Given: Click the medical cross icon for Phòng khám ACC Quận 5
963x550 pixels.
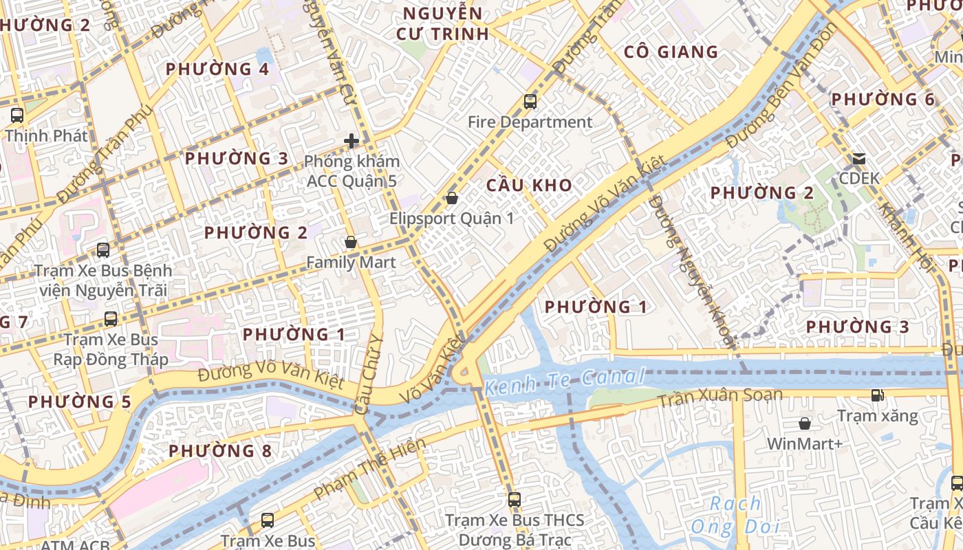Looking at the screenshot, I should pos(351,141).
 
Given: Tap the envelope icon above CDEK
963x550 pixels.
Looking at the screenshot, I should pos(859,159).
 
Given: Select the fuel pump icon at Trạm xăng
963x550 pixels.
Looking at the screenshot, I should pos(877,395).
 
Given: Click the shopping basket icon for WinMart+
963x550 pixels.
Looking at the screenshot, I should pos(804,423).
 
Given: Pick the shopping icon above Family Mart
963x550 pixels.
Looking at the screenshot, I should pos(351,242).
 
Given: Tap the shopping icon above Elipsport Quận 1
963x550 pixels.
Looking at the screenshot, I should pos(452,198).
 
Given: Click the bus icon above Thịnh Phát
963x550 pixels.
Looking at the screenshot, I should pos(17,115).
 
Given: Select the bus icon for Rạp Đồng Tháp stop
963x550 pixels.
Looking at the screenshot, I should pos(111,318).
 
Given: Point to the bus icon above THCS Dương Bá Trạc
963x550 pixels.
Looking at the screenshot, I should pos(514,499).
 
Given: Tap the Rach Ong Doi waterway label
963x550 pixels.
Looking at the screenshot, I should pos(735,515).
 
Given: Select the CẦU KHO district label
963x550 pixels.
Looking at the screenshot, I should pos(529,185).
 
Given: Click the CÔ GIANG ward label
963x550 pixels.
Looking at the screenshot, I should pos(671,52).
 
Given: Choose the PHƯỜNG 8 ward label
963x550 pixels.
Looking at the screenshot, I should pos(220,451).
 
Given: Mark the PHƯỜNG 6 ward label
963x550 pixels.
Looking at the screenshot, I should pos(883,100).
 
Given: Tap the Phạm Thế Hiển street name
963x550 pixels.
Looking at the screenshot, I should pos(369,470).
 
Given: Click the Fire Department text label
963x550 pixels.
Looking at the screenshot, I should pos(530,122).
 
